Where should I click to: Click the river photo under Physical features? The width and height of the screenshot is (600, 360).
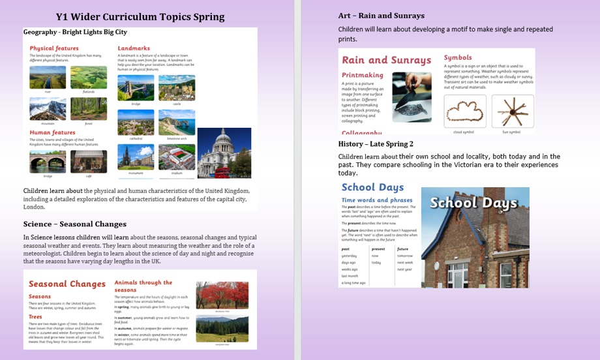click(x=47, y=78)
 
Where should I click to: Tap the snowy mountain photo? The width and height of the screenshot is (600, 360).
click(x=47, y=109)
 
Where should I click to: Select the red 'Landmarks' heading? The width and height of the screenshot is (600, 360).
click(x=134, y=48)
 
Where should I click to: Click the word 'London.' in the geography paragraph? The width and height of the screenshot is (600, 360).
click(x=34, y=207)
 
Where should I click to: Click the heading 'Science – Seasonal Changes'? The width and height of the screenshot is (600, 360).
click(x=74, y=224)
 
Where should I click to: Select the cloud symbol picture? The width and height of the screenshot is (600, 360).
click(x=464, y=112)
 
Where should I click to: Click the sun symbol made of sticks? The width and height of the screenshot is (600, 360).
click(x=512, y=112)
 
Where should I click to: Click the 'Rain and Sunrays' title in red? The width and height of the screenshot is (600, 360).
click(x=386, y=60)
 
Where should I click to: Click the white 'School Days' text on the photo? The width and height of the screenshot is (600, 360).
click(x=474, y=203)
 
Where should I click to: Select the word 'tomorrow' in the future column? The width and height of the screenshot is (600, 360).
click(x=405, y=256)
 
